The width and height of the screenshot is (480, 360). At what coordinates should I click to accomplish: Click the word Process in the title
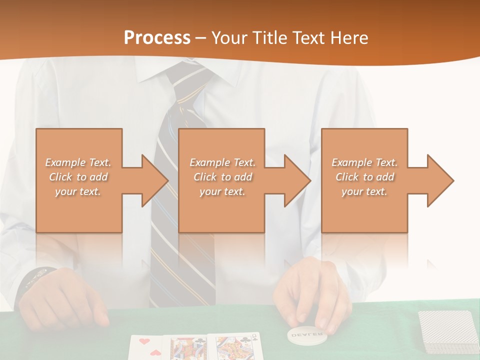(x=157, y=38)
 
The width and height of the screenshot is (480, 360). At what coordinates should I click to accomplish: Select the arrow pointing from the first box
(x=147, y=180)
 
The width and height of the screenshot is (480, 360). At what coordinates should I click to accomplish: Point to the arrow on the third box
(x=433, y=180)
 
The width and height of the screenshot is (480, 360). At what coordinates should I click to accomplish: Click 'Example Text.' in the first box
(x=78, y=162)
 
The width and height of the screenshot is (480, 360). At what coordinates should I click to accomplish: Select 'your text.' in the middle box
(x=222, y=191)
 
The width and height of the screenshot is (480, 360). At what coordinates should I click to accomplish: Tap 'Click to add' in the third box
(x=364, y=177)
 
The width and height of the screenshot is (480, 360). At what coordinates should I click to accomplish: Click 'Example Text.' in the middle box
(x=222, y=162)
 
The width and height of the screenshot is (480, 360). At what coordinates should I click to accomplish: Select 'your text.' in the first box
(x=78, y=191)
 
